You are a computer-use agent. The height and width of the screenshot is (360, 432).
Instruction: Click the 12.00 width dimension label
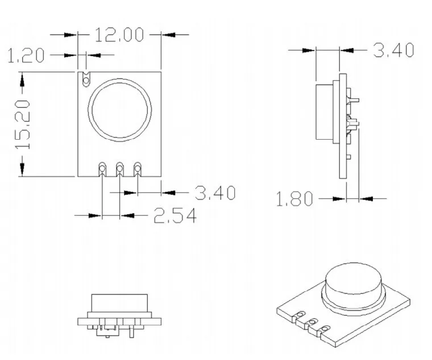(x=119, y=35)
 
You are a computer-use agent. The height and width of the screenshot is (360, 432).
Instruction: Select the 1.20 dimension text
(x=26, y=56)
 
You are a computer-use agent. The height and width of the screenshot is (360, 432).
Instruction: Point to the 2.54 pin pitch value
(x=175, y=216)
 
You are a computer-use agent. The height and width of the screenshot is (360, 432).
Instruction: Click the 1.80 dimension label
(x=294, y=199)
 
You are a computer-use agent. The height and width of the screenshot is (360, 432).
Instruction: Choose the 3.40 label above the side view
(x=393, y=50)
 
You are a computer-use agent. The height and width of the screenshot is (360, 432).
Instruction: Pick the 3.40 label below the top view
(x=215, y=193)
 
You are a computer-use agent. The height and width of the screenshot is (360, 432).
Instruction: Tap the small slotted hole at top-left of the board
(x=86, y=79)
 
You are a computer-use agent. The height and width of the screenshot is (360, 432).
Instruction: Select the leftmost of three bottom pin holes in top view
(x=102, y=168)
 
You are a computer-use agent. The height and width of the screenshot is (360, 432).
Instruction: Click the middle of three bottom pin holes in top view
(x=120, y=168)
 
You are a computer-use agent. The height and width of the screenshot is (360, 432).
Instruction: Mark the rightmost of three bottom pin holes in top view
(x=137, y=168)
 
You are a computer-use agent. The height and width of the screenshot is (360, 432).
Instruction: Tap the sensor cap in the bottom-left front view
(x=119, y=303)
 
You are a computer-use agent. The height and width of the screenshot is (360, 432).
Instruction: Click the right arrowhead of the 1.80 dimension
(x=366, y=199)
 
